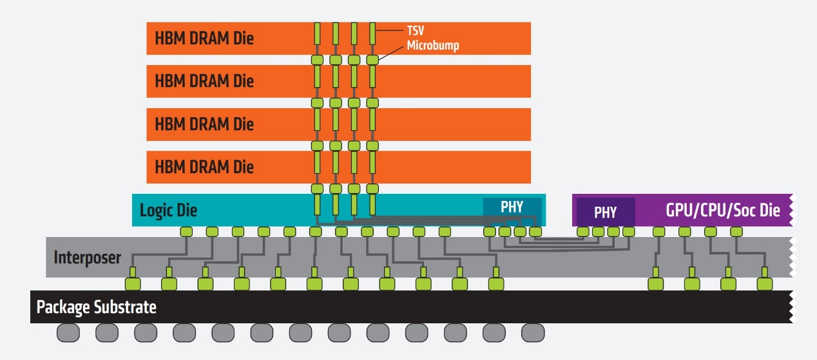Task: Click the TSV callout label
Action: click(416, 31)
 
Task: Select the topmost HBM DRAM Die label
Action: click(204, 38)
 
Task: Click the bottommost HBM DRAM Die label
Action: click(204, 167)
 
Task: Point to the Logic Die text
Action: click(168, 210)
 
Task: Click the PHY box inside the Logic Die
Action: click(512, 207)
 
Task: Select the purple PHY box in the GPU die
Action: click(605, 212)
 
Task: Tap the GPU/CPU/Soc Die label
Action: click(722, 211)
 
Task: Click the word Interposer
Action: click(87, 258)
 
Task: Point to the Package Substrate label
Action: click(96, 307)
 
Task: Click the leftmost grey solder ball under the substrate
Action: click(68, 333)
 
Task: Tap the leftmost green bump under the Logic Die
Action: click(186, 231)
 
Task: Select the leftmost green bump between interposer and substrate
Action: click(133, 283)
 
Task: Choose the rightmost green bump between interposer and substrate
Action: click(764, 283)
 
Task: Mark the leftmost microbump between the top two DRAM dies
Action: click(317, 60)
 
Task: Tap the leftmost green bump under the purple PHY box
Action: click(582, 231)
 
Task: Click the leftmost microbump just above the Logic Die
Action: click(317, 189)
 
